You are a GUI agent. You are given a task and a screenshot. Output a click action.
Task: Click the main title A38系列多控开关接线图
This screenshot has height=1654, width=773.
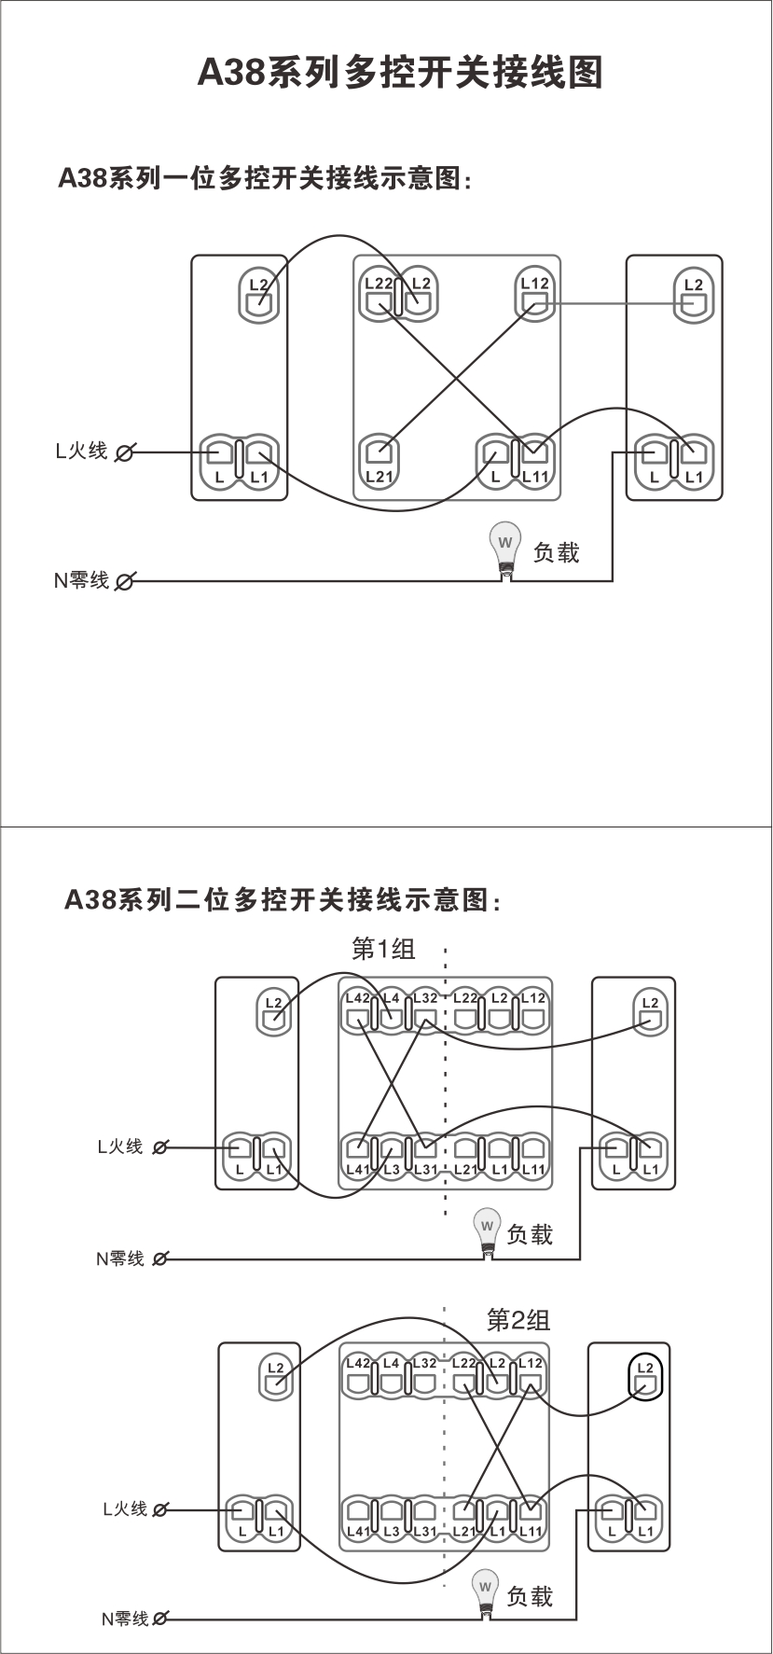click(x=400, y=72)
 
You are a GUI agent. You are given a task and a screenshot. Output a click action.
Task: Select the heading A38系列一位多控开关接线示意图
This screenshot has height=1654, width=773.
click(x=266, y=178)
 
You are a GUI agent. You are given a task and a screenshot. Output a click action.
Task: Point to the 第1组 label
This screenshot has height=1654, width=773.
click(x=383, y=950)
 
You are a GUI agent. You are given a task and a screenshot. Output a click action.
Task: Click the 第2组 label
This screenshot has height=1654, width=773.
click(x=518, y=1319)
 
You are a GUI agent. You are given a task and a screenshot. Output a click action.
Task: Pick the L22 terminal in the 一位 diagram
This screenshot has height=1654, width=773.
click(x=379, y=296)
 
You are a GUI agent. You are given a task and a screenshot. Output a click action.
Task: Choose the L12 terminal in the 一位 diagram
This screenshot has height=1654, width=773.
click(x=535, y=296)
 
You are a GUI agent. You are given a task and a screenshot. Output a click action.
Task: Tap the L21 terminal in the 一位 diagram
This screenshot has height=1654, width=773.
click(x=379, y=459)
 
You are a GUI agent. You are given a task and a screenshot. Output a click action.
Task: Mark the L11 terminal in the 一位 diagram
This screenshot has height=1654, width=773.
click(x=534, y=459)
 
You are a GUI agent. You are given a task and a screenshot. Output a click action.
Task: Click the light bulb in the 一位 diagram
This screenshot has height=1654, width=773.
click(x=505, y=547)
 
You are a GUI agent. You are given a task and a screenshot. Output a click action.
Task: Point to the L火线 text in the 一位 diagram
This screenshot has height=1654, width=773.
click(x=81, y=452)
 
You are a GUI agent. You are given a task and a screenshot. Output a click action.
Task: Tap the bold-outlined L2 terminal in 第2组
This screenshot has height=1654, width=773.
click(x=644, y=1377)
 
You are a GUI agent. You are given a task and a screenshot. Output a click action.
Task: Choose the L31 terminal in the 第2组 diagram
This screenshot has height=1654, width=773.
click(x=424, y=1515)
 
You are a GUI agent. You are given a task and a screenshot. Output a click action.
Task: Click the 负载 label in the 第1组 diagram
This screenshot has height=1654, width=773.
click(x=530, y=1235)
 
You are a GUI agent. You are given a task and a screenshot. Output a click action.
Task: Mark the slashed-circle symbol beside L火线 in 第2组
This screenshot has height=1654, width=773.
click(x=160, y=1509)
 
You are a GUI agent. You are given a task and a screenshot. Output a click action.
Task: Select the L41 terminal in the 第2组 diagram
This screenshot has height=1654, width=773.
click(x=357, y=1515)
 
